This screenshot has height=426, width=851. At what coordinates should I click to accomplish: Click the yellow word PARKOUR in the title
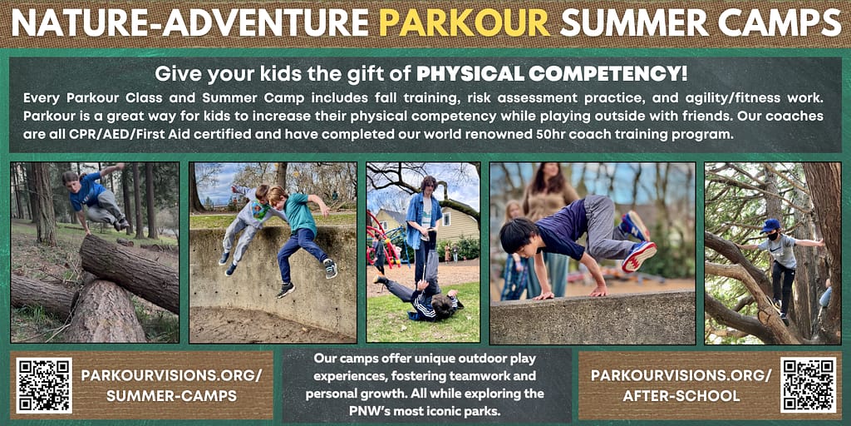point(464,22)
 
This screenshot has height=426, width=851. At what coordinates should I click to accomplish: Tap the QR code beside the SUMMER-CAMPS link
point(44,385)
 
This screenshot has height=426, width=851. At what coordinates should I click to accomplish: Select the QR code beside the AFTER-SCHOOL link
point(808,385)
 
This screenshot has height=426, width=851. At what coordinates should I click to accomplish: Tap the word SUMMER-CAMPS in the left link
point(172,396)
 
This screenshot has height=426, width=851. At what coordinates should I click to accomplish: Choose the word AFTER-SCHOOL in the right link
point(681,396)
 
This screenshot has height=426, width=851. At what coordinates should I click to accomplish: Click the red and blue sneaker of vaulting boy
point(640,255)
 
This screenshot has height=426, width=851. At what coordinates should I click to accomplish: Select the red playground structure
point(384,239)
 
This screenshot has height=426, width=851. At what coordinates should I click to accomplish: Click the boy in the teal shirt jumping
point(300,239)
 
